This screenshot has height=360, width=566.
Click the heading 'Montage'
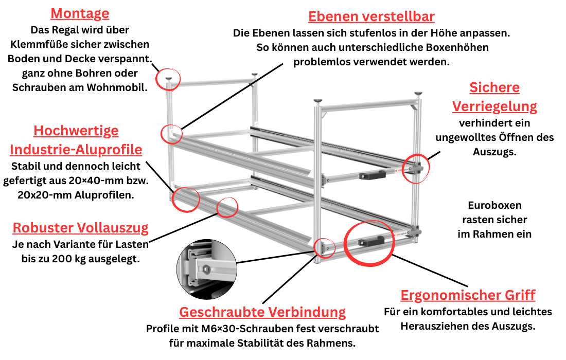coord(80,13)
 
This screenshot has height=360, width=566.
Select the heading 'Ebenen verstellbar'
coord(372,16)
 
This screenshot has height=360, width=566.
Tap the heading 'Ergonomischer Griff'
coord(468,295)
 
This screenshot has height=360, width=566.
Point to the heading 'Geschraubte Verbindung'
coord(262,312)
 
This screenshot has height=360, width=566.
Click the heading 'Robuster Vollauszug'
coord(81,228)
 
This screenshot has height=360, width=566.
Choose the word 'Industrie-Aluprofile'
coord(76,150)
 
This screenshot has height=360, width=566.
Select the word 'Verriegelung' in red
coord(494,106)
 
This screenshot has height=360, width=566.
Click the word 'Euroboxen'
coord(494,206)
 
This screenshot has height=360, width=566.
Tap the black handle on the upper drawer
coord(373,176)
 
